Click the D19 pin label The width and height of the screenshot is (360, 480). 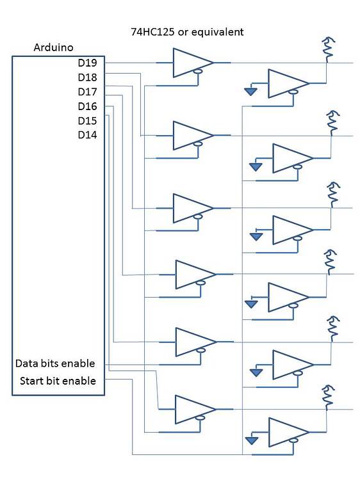[x=87, y=63]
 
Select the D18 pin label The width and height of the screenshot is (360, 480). [x=87, y=77]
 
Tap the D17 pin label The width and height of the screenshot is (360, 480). [x=87, y=92]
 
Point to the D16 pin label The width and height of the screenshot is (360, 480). [x=87, y=106]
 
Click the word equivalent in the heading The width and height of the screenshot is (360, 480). [x=218, y=31]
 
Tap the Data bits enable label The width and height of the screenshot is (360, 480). [x=55, y=364]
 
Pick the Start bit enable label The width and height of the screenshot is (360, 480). [x=58, y=381]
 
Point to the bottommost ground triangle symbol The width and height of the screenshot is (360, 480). [x=250, y=441]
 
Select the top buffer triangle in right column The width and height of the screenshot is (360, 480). [x=287, y=83]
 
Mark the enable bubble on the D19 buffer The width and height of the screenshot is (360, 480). [x=199, y=73]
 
